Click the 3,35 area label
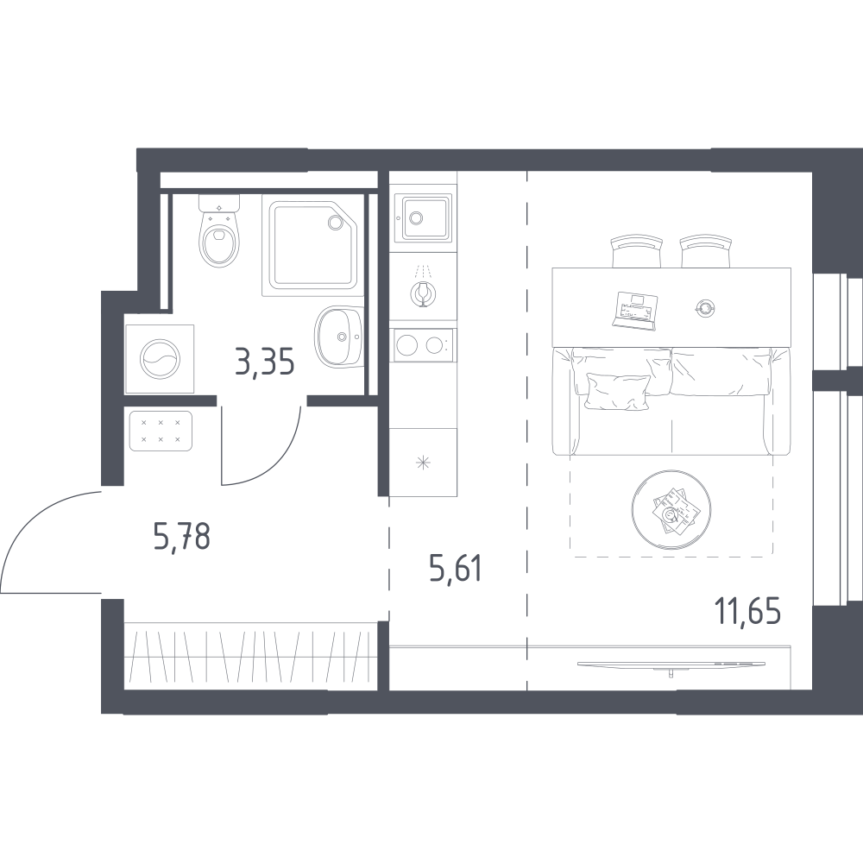click(x=265, y=362)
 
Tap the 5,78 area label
click(x=182, y=536)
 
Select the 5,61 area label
click(x=456, y=568)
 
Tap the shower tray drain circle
click(x=335, y=222)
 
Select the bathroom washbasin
click(x=339, y=337)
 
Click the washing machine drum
click(x=160, y=359)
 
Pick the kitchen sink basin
click(x=426, y=218)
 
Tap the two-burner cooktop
click(x=423, y=345)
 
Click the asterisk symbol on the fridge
click(x=423, y=463)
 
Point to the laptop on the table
click(x=636, y=311)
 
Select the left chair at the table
click(x=637, y=251)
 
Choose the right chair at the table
click(x=706, y=251)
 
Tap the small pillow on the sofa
click(x=617, y=391)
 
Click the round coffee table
click(x=671, y=510)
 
